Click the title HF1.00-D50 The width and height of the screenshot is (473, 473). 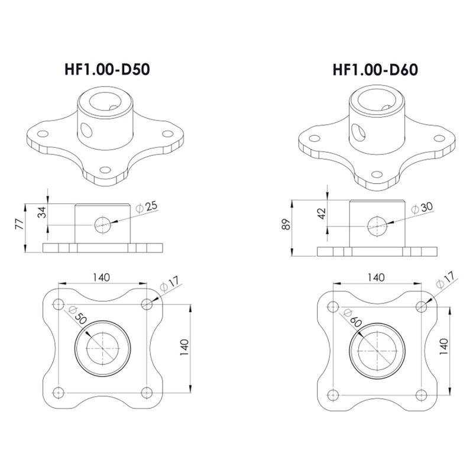(x=107, y=69)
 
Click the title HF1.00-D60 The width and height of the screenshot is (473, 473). (x=375, y=70)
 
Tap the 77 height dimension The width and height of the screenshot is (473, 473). (x=20, y=224)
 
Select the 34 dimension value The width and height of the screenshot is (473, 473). (x=43, y=212)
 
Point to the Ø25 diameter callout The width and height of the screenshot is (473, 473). (x=147, y=206)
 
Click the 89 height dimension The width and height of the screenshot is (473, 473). (x=286, y=224)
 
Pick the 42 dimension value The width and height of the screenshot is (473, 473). (x=322, y=213)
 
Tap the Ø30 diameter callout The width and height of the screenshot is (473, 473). (x=422, y=208)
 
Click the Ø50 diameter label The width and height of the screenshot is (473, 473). (x=77, y=315)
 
